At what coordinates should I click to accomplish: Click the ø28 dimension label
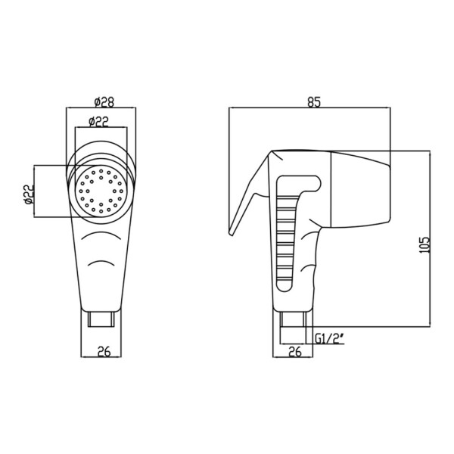point(104,101)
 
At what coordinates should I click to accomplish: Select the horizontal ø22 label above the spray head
point(98,122)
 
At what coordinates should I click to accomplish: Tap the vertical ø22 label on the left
point(30,194)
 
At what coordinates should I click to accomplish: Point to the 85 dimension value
point(314,102)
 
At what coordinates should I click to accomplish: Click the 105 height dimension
point(424,245)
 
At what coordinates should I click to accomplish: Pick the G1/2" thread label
point(329,338)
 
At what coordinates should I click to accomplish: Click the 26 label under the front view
point(104,352)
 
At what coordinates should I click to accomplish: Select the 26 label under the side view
point(295,352)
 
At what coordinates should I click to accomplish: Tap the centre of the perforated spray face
point(101,191)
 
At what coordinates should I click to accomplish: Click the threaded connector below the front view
point(101,319)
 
